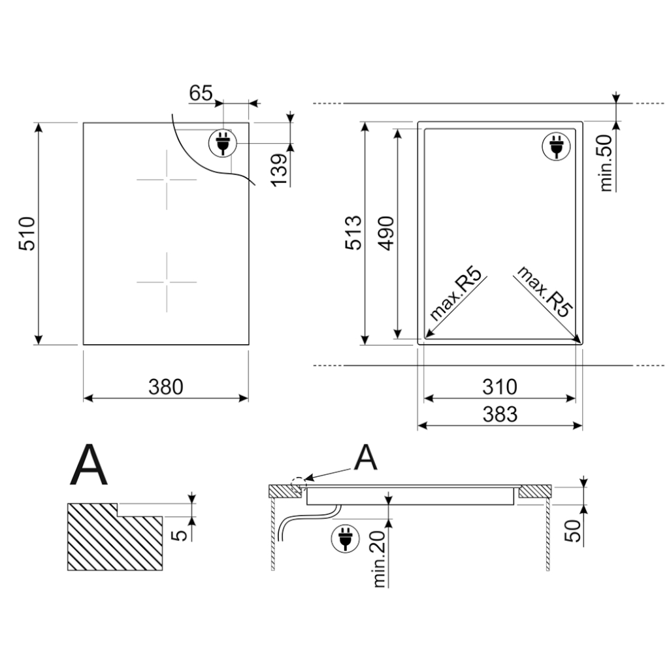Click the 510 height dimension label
(x=27, y=233)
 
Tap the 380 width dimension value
(x=166, y=387)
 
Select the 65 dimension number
(x=201, y=93)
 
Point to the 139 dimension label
(x=279, y=170)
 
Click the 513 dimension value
(x=354, y=233)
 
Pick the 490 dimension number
(x=387, y=233)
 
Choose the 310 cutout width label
(x=500, y=387)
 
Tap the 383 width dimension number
(x=500, y=414)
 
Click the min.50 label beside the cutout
(x=606, y=163)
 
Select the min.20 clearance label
(x=380, y=559)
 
